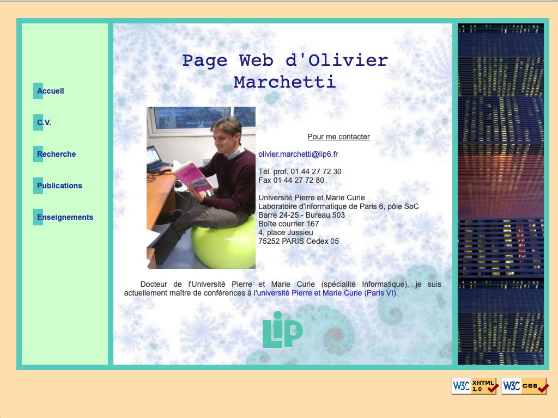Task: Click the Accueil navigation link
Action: (x=50, y=91)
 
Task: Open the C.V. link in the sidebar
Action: (x=44, y=122)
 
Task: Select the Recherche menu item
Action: (x=56, y=154)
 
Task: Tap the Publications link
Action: (x=59, y=186)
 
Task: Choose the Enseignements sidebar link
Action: (x=65, y=217)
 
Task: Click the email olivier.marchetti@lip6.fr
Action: (x=298, y=154)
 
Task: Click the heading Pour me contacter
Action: (x=338, y=137)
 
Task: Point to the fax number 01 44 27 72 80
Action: (x=299, y=180)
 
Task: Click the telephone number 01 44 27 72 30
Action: (x=316, y=171)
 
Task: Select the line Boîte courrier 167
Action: (x=289, y=224)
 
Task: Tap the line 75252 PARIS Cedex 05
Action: (x=299, y=241)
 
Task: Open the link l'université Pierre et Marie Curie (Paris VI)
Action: (x=325, y=293)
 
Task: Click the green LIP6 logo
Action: (x=282, y=330)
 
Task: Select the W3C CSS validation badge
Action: (x=524, y=386)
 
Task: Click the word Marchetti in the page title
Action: (x=284, y=82)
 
